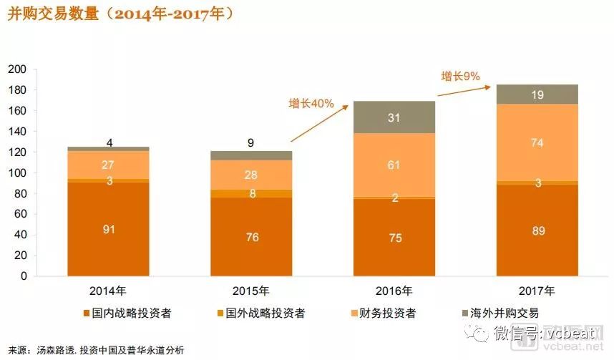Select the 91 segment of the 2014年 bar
(109, 229)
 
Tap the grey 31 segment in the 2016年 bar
(394, 117)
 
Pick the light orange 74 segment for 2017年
(537, 142)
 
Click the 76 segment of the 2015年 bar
(251, 237)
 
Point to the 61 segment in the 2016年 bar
(394, 165)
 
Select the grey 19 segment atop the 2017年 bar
(537, 94)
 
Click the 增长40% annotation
(311, 103)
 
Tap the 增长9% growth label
(459, 75)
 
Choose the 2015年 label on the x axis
(251, 291)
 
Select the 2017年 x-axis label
(537, 291)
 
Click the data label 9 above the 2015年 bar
(251, 142)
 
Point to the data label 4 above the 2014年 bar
(109, 140)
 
